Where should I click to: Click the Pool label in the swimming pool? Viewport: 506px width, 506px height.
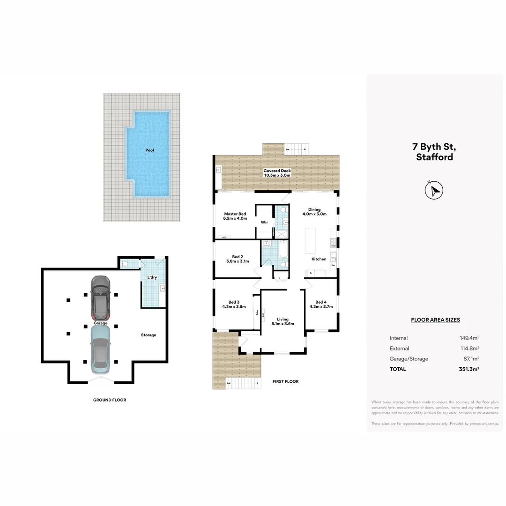click(x=149, y=150)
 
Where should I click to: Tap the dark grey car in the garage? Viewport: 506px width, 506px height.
click(x=100, y=297)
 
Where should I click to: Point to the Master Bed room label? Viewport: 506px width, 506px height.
click(x=235, y=214)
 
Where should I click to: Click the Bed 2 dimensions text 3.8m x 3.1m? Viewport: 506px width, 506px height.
click(x=238, y=261)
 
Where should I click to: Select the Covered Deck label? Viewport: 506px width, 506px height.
click(x=277, y=171)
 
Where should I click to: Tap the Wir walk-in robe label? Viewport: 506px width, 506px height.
click(x=264, y=222)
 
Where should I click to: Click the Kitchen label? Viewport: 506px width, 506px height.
click(x=319, y=259)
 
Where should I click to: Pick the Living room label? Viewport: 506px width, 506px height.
click(x=283, y=319)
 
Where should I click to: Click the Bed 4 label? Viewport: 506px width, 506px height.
click(x=321, y=302)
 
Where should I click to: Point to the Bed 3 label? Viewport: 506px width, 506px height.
click(x=234, y=302)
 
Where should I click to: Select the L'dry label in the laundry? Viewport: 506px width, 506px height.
click(x=152, y=277)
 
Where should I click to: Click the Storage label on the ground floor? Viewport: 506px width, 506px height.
click(x=149, y=335)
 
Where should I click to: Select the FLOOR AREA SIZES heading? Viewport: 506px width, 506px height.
click(x=435, y=320)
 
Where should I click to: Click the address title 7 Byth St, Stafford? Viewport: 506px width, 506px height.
click(x=435, y=152)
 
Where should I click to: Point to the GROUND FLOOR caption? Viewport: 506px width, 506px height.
click(x=109, y=400)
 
